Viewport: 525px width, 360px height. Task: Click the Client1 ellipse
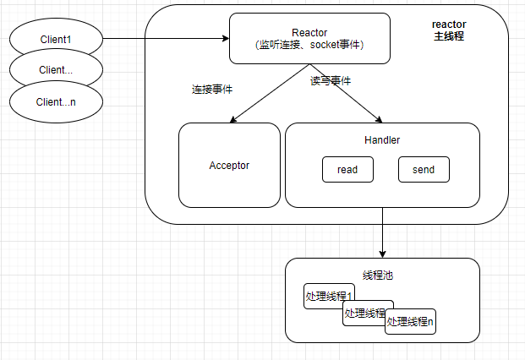coord(56,39)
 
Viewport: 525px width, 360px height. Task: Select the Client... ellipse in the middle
coord(56,69)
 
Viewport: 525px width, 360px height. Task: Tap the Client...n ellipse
coord(56,101)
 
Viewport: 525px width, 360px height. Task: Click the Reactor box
coord(309,39)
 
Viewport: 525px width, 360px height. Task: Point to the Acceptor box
coord(229,165)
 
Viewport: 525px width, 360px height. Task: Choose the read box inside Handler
coord(347,170)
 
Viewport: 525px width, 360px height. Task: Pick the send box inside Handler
coord(424,170)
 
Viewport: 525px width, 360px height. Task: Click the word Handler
coord(382,139)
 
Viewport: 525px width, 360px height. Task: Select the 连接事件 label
coord(212,89)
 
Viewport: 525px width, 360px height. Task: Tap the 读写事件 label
coord(330,81)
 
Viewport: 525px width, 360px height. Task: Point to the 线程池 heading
coord(378,275)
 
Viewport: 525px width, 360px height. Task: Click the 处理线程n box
coord(410,322)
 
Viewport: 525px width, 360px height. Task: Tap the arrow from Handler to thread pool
coord(383,232)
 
